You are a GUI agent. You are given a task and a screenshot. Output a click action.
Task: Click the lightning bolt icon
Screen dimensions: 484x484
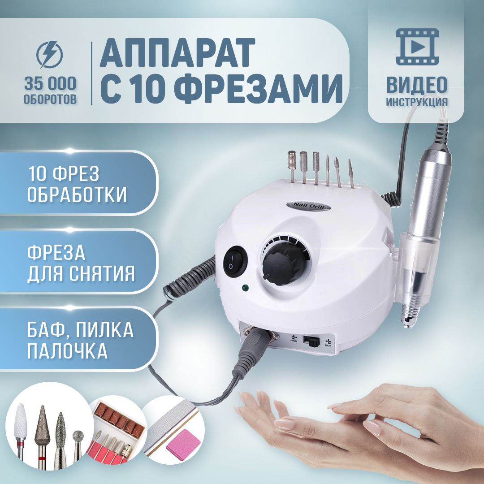tap(49, 55)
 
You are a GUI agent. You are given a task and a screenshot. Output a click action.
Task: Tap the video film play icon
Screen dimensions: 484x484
tap(417, 47)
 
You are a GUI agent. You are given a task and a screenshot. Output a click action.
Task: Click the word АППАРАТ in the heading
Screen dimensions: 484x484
tap(177, 52)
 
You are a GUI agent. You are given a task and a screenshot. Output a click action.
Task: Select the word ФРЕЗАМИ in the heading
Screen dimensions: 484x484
tap(260, 89)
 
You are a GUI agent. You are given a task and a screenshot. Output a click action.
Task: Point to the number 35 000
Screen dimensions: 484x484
tap(50, 84)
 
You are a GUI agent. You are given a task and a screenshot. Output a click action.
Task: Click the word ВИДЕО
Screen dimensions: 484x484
tap(417, 85)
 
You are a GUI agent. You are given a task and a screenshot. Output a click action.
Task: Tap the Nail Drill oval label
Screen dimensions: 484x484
tap(308, 206)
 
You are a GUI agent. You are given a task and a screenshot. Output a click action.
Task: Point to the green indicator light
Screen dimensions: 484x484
tap(246, 288)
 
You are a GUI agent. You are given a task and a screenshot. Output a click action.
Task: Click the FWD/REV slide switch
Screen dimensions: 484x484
tap(311, 341)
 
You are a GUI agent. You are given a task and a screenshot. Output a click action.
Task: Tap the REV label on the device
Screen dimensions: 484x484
tap(328, 346)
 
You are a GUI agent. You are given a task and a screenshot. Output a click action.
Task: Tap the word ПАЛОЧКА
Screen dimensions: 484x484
tap(67, 351)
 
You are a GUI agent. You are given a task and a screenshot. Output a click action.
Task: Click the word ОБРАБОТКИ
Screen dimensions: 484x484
tap(77, 195)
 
